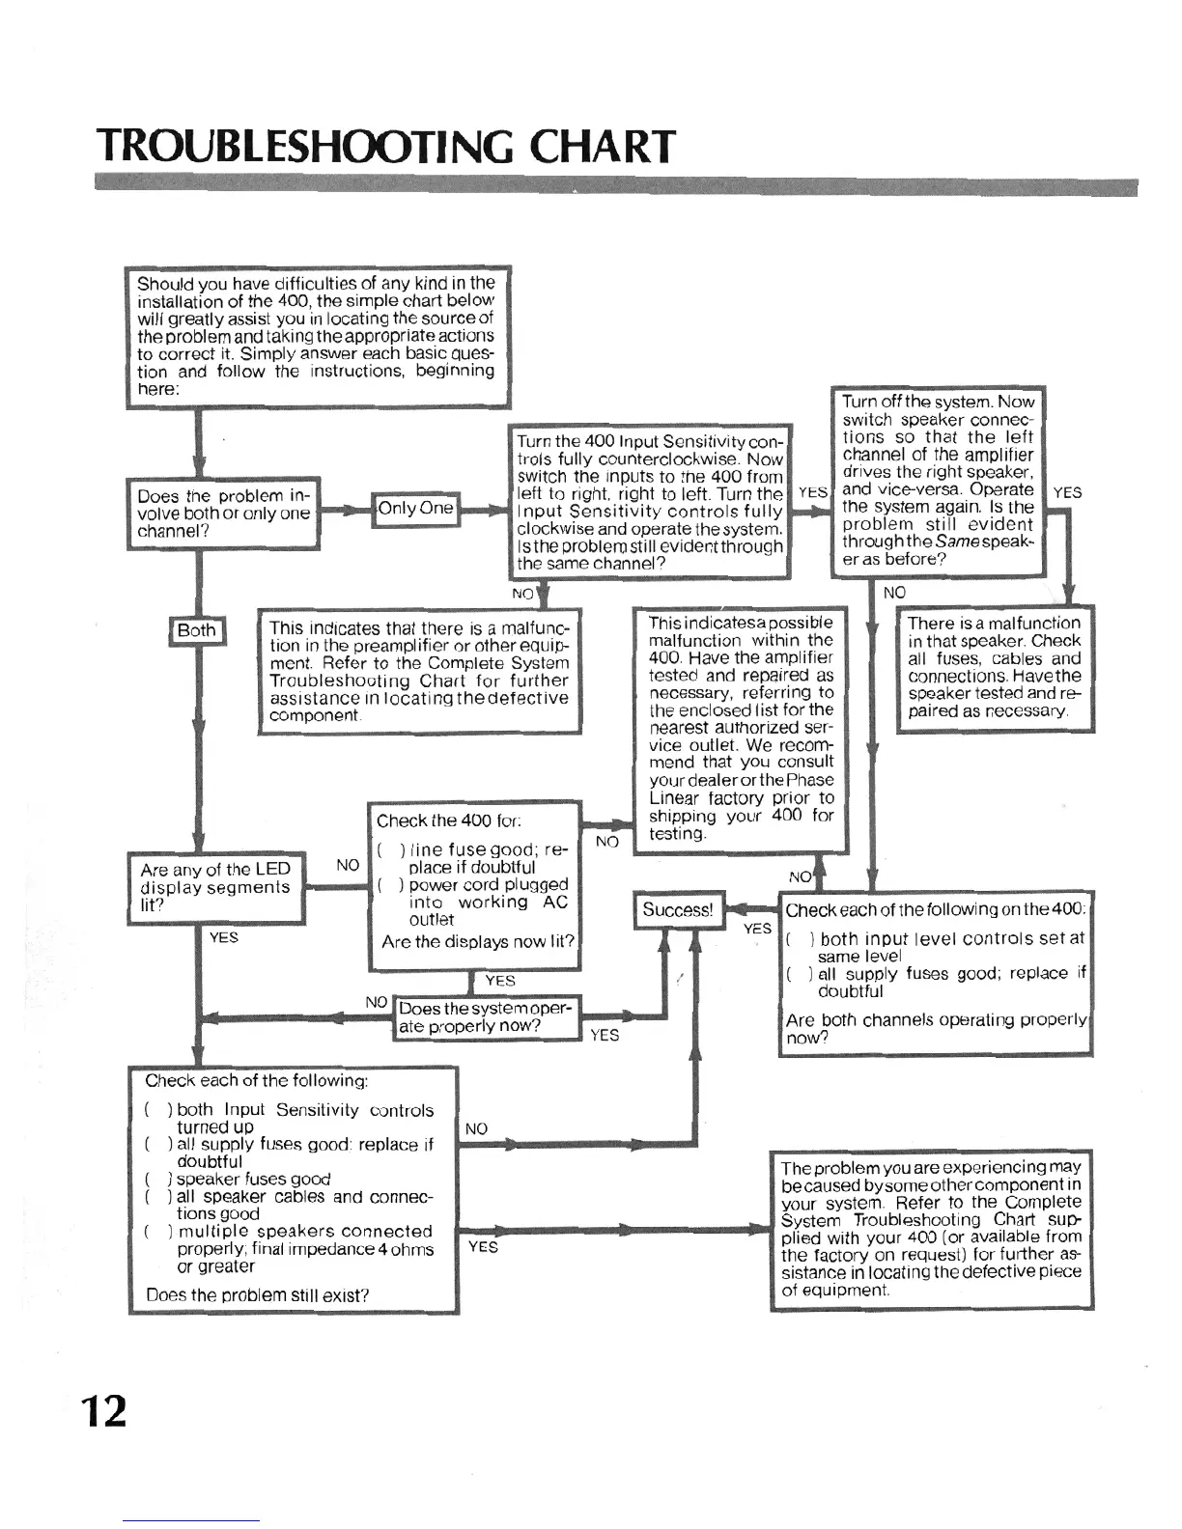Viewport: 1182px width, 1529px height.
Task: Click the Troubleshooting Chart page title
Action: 385,147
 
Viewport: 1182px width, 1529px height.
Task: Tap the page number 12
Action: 104,1411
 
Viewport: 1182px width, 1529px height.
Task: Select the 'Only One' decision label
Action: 416,509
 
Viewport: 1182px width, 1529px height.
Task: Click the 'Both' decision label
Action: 197,631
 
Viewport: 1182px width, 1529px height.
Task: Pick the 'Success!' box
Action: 678,910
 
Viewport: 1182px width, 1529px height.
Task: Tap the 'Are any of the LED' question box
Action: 215,887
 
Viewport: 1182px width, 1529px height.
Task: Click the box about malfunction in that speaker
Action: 994,667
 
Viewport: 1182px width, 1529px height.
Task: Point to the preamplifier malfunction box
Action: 419,672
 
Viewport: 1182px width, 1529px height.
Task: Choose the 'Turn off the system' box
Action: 938,480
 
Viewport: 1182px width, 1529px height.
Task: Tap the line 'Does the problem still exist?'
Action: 258,1295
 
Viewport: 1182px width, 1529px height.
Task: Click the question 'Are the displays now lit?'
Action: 478,942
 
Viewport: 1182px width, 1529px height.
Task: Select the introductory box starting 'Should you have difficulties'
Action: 318,336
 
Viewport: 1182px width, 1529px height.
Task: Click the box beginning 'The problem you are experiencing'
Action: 931,1229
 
